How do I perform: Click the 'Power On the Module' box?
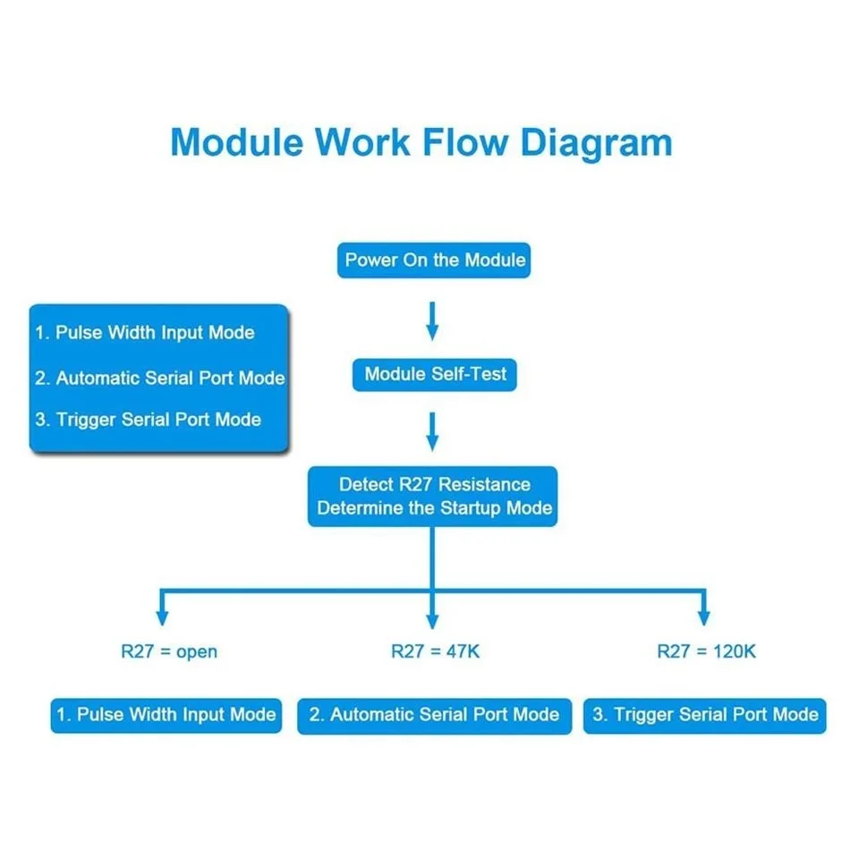(x=434, y=260)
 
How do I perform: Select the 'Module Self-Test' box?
(x=434, y=375)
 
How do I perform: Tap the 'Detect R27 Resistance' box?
(x=432, y=496)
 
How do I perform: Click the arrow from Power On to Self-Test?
(x=432, y=321)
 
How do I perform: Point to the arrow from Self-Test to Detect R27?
(x=432, y=432)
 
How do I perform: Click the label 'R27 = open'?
(x=169, y=651)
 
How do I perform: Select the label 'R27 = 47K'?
(x=436, y=651)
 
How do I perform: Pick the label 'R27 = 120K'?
(x=706, y=651)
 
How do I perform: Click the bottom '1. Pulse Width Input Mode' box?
(x=166, y=716)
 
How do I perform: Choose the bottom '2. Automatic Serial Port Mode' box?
(x=434, y=716)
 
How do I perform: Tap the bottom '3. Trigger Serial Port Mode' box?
(x=705, y=716)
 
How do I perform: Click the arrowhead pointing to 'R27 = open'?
(x=162, y=618)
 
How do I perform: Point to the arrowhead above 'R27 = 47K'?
(x=432, y=621)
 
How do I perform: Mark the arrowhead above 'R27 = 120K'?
(x=704, y=618)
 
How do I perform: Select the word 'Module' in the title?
(x=237, y=142)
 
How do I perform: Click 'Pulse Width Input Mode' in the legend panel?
(x=155, y=332)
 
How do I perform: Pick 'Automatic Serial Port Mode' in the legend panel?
(x=170, y=378)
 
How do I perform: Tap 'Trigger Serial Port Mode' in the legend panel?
(x=158, y=420)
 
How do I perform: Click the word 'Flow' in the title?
(x=465, y=142)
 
